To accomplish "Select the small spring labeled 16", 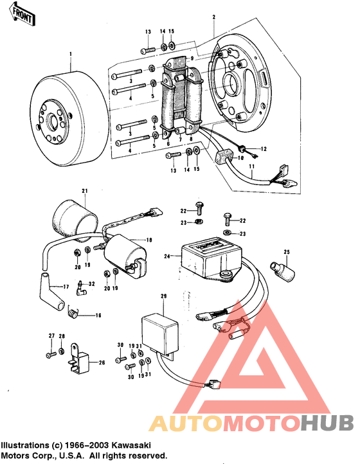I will [76, 313].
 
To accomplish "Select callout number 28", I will [62, 336].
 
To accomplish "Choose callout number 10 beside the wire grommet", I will [240, 157].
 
